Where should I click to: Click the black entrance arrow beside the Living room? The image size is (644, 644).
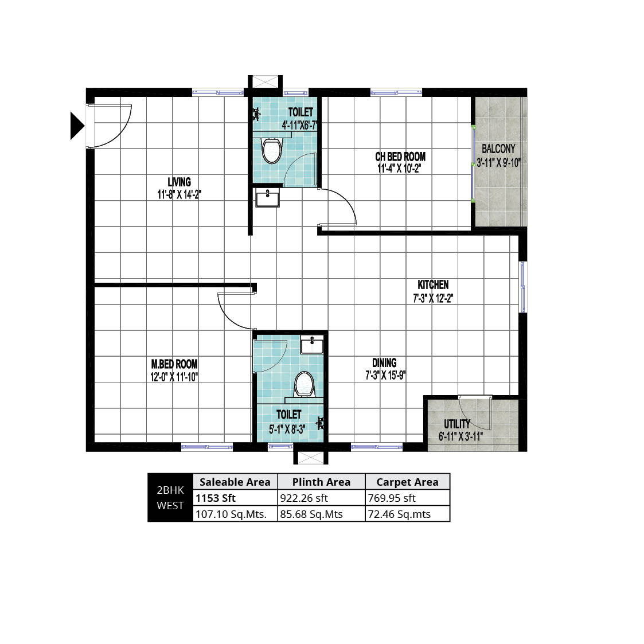click(x=77, y=126)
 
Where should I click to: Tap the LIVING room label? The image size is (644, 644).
click(x=179, y=182)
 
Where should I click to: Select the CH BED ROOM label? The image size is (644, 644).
click(x=400, y=157)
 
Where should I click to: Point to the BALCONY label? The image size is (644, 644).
click(x=498, y=149)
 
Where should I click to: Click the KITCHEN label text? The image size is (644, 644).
click(x=433, y=284)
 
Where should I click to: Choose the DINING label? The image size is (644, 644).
click(x=384, y=362)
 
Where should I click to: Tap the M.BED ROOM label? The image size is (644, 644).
click(x=174, y=364)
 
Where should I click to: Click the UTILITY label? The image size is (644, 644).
click(x=456, y=424)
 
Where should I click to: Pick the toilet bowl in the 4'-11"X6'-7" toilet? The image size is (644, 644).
click(x=272, y=151)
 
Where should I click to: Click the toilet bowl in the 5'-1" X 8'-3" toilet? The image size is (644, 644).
click(x=305, y=384)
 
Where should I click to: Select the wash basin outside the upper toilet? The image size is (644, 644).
click(x=267, y=197)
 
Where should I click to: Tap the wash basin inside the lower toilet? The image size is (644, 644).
click(x=312, y=345)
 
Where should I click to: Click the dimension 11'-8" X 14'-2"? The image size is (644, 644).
click(x=179, y=194)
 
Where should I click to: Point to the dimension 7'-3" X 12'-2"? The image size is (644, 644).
click(x=433, y=298)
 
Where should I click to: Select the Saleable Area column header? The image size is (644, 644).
click(x=235, y=482)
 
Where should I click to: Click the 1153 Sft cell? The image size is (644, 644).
click(x=216, y=498)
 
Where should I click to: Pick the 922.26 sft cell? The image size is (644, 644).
click(x=304, y=498)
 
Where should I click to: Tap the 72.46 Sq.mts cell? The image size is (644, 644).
click(x=399, y=514)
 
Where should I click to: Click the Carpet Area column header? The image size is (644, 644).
click(x=407, y=482)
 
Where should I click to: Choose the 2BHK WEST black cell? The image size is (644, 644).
click(x=170, y=498)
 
